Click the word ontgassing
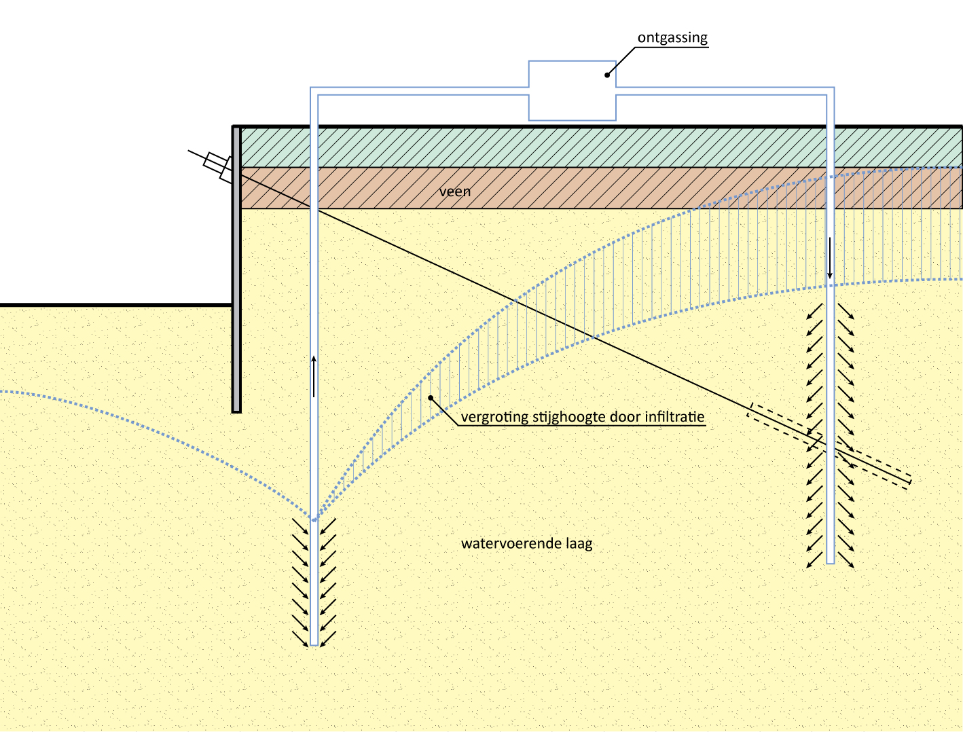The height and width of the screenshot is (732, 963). (x=672, y=38)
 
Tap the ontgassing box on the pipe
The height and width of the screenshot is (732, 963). (x=572, y=91)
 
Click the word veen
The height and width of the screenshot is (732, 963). (x=454, y=191)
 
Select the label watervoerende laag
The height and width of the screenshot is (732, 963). (x=526, y=544)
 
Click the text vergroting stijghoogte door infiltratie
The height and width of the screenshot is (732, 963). (x=582, y=417)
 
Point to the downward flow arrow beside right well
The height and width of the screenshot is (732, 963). (x=829, y=258)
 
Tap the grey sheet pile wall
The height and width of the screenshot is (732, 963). (x=236, y=272)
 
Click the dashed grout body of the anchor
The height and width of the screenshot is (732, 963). (x=829, y=445)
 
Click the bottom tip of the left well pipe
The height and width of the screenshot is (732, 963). (x=314, y=644)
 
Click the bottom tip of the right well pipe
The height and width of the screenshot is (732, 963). (x=830, y=562)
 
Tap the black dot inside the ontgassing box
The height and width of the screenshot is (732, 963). (x=608, y=75)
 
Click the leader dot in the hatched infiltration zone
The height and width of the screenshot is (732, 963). (x=430, y=397)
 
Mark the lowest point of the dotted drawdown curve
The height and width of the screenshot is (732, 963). (x=314, y=520)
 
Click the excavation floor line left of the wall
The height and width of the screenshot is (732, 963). (x=115, y=305)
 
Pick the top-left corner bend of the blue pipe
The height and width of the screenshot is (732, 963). (x=314, y=91)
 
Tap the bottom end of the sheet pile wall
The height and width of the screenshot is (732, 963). (x=236, y=410)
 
